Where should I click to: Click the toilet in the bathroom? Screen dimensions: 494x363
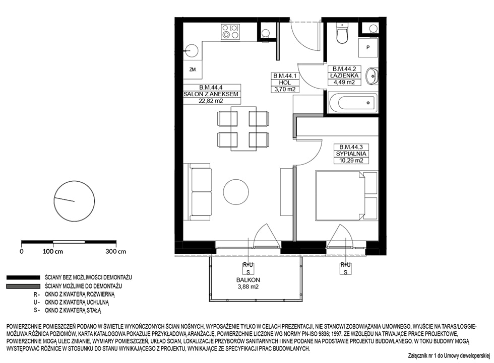(342, 33)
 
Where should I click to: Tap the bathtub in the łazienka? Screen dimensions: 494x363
(352, 103)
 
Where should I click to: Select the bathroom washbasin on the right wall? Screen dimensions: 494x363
(372, 76)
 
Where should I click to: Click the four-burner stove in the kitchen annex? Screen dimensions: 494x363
(231, 32)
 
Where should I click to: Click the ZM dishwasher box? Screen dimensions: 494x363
(193, 69)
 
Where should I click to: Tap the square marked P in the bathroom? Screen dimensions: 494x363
(368, 47)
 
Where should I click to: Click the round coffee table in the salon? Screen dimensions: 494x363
(236, 191)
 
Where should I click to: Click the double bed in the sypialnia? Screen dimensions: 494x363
(347, 195)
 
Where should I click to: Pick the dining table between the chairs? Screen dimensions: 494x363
(243, 129)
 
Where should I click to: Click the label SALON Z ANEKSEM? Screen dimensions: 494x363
(211, 94)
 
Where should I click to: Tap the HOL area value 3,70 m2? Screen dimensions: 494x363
(285, 89)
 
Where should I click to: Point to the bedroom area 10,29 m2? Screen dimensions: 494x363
(351, 161)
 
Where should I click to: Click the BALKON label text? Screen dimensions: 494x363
(248, 280)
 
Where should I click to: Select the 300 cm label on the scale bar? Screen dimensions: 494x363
(116, 251)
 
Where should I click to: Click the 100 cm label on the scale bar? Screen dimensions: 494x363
(52, 251)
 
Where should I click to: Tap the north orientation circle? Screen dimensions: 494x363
(75, 201)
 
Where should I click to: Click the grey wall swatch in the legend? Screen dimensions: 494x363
(23, 286)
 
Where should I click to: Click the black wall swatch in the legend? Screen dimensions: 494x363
(23, 277)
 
